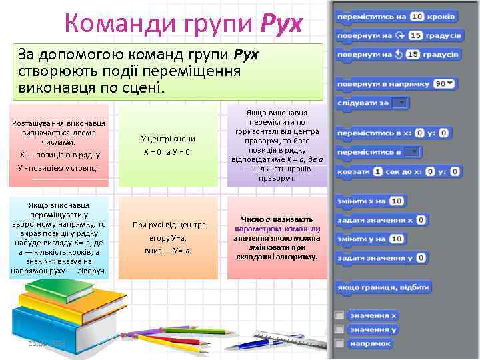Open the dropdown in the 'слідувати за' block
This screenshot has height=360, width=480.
pos(400,103)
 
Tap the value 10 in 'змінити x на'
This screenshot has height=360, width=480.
pos(397,201)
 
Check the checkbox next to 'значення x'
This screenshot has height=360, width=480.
pos(340,315)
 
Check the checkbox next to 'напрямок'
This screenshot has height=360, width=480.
pos(340,343)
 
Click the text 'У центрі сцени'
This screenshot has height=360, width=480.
pos(168,139)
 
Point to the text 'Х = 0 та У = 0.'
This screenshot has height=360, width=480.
pos(168,152)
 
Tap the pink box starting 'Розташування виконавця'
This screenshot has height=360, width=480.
pos(59,144)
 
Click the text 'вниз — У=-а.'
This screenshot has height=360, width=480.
pos(168,251)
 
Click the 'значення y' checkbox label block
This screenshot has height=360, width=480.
pos(374,329)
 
